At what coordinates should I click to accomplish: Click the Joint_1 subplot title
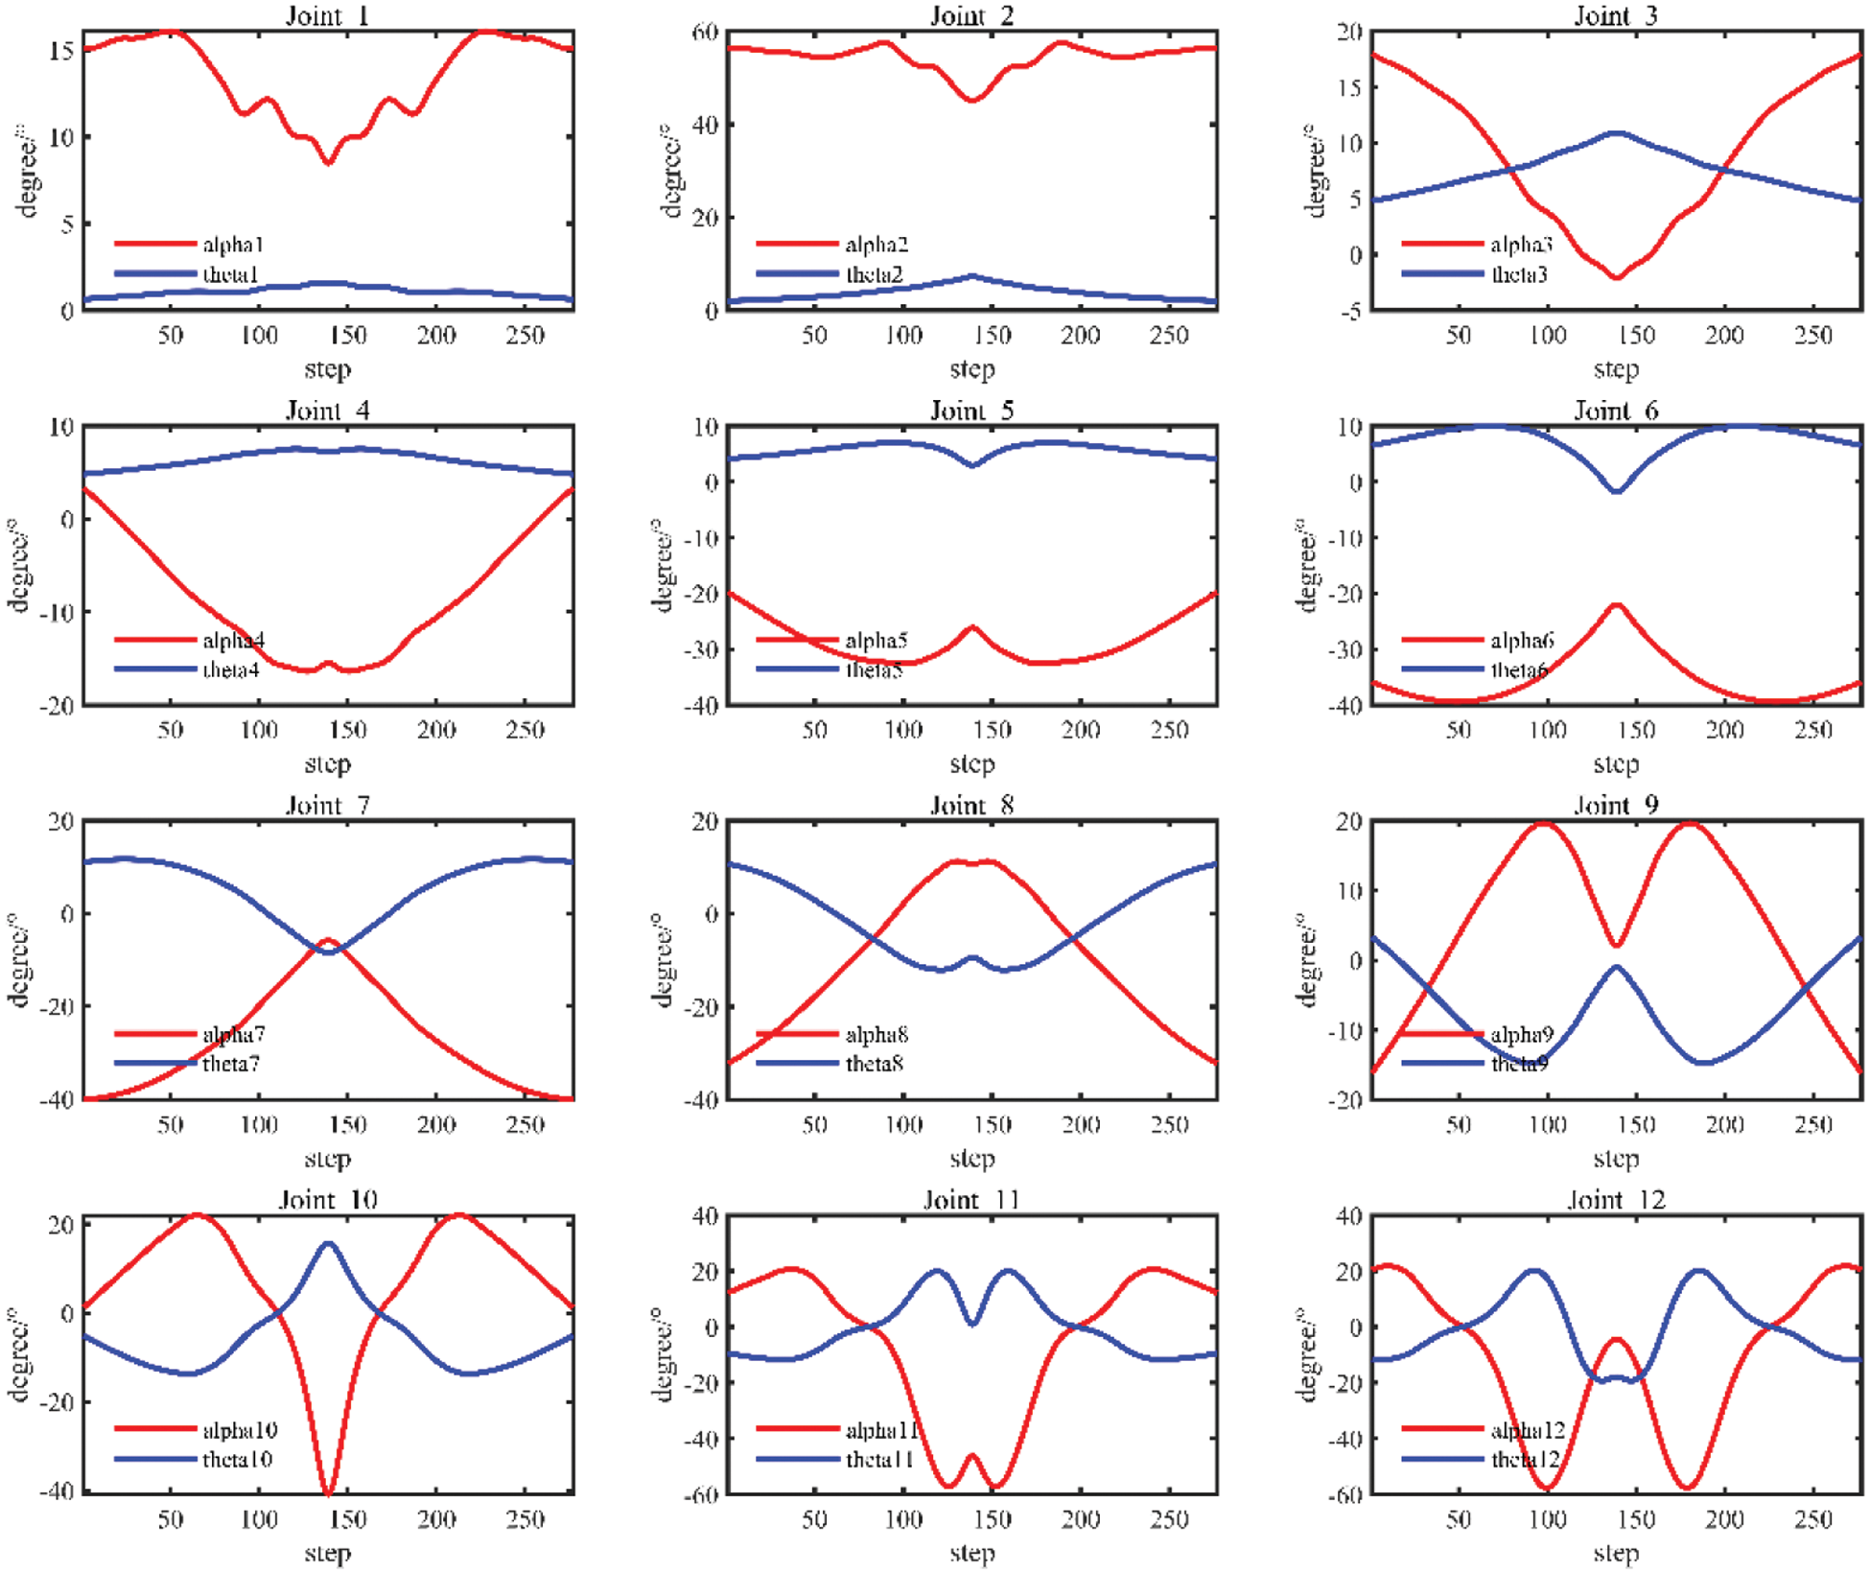point(327,15)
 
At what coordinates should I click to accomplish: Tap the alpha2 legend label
point(877,245)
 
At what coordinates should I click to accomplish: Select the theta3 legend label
point(1520,274)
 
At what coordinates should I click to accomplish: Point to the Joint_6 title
point(1616,411)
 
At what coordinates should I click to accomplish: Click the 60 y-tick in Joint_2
point(705,32)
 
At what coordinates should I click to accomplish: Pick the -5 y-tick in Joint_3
point(1349,311)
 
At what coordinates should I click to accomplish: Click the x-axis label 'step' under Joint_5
point(972,764)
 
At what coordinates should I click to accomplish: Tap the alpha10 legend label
point(240,1430)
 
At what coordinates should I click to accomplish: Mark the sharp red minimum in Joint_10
point(328,1492)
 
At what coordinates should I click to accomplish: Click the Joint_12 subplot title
point(1616,1200)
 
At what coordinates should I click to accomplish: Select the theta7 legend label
point(231,1063)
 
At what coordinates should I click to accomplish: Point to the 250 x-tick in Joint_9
point(1813,1125)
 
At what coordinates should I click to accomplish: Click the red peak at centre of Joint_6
point(1617,605)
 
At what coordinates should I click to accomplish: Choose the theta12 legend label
point(1526,1459)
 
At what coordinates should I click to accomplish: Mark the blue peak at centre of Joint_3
point(1617,133)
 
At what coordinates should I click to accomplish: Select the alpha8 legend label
point(877,1034)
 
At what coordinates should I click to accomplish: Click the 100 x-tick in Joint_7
point(259,1125)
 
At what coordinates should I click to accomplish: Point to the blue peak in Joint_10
point(328,1244)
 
